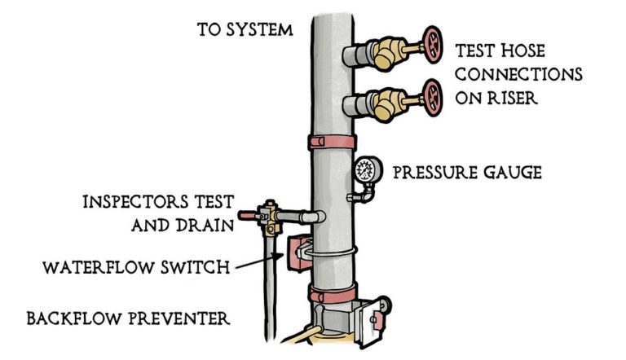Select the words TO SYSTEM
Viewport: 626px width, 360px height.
click(x=244, y=30)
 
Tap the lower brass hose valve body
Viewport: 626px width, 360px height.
click(x=383, y=104)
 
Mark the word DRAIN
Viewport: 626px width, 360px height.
click(x=208, y=225)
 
